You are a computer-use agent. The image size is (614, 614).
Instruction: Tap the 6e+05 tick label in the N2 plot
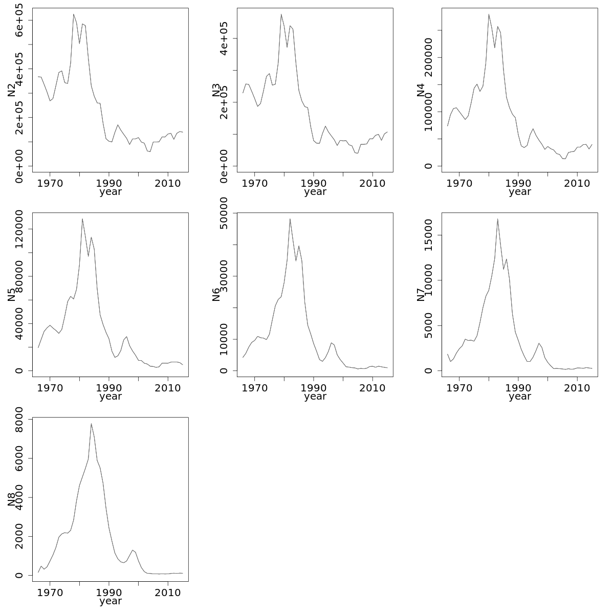19,20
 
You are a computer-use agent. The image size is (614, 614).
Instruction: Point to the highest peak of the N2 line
73,14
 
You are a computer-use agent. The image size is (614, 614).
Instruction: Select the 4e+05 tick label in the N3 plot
224,38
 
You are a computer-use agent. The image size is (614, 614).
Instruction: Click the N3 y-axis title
216,90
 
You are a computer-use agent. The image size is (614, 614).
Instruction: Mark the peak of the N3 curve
281,14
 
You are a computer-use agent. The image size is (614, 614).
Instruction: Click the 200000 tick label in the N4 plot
428,58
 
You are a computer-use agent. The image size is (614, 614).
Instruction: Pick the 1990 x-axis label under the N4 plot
518,182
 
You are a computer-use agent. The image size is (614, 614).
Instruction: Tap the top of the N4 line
489,14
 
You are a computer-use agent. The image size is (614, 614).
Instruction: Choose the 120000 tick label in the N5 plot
19,229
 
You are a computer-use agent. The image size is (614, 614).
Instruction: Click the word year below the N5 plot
111,397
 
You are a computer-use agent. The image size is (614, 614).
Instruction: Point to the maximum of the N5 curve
82,219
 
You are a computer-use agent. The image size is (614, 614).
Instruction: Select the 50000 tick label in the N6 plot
224,213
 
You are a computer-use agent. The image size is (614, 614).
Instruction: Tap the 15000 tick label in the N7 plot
428,235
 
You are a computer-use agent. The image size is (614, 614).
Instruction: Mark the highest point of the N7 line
497,219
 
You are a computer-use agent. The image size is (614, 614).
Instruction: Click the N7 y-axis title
421,295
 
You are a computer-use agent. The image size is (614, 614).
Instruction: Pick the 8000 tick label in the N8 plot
19,420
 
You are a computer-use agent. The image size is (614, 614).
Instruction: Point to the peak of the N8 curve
91,424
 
